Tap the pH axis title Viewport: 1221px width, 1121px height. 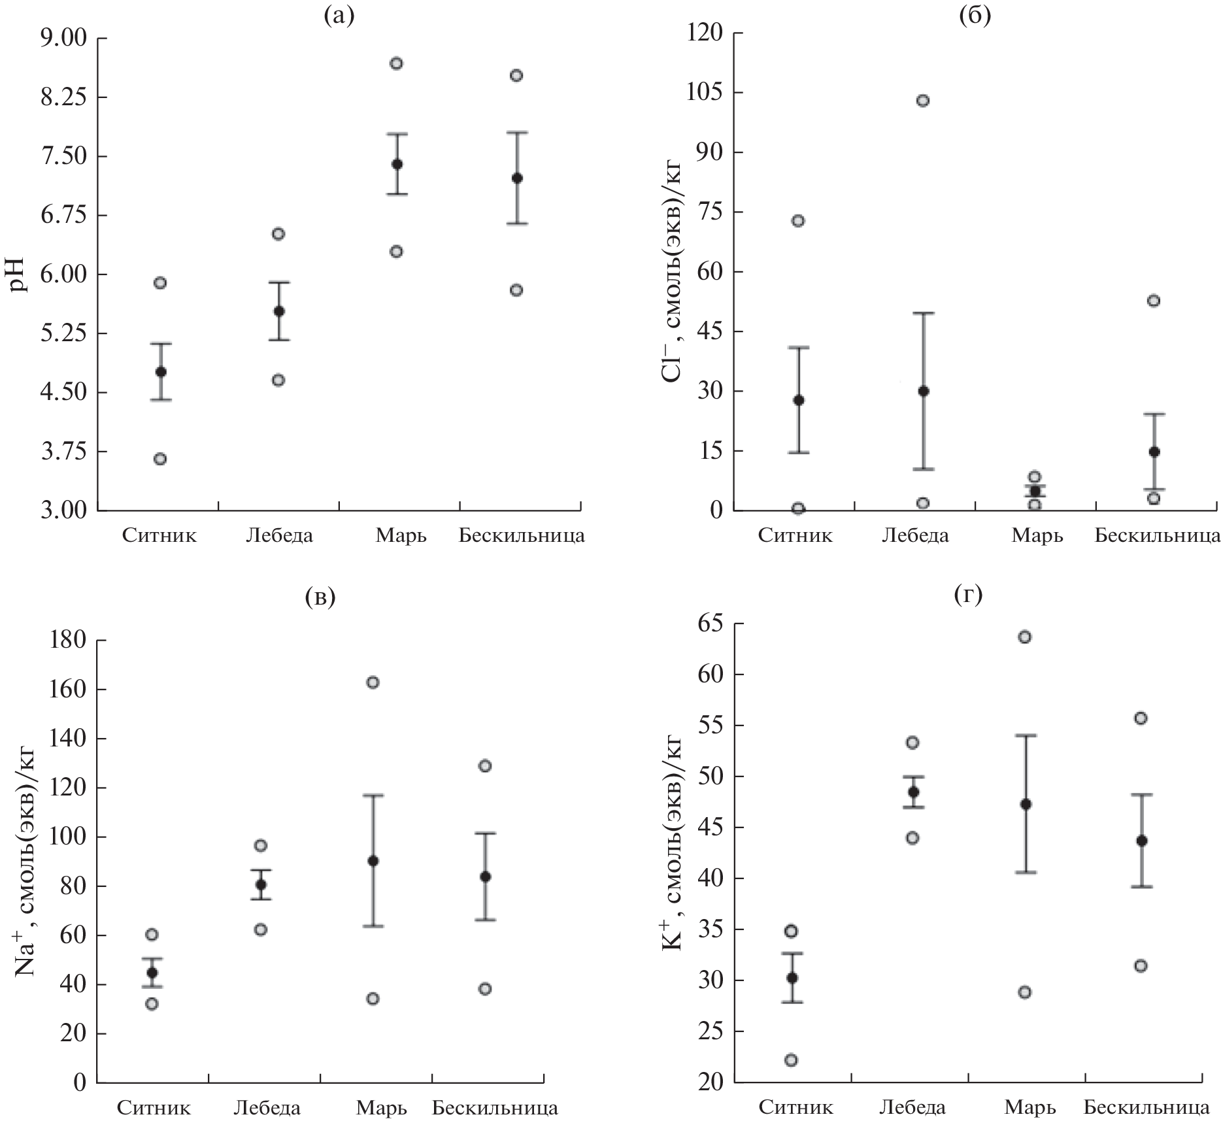pyautogui.click(x=18, y=275)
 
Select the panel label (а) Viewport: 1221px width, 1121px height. pyautogui.click(x=339, y=15)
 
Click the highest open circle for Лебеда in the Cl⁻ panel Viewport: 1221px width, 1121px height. pyautogui.click(x=923, y=101)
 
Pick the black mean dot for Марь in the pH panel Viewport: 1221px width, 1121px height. pyautogui.click(x=397, y=164)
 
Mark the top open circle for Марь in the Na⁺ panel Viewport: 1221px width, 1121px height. pyautogui.click(x=373, y=682)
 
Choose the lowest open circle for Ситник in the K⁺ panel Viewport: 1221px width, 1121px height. pyautogui.click(x=791, y=1060)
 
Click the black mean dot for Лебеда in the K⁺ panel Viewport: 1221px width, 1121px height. pyautogui.click(x=913, y=792)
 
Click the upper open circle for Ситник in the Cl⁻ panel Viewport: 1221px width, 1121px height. pyautogui.click(x=798, y=221)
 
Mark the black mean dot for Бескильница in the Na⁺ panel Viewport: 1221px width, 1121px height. pyautogui.click(x=486, y=877)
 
